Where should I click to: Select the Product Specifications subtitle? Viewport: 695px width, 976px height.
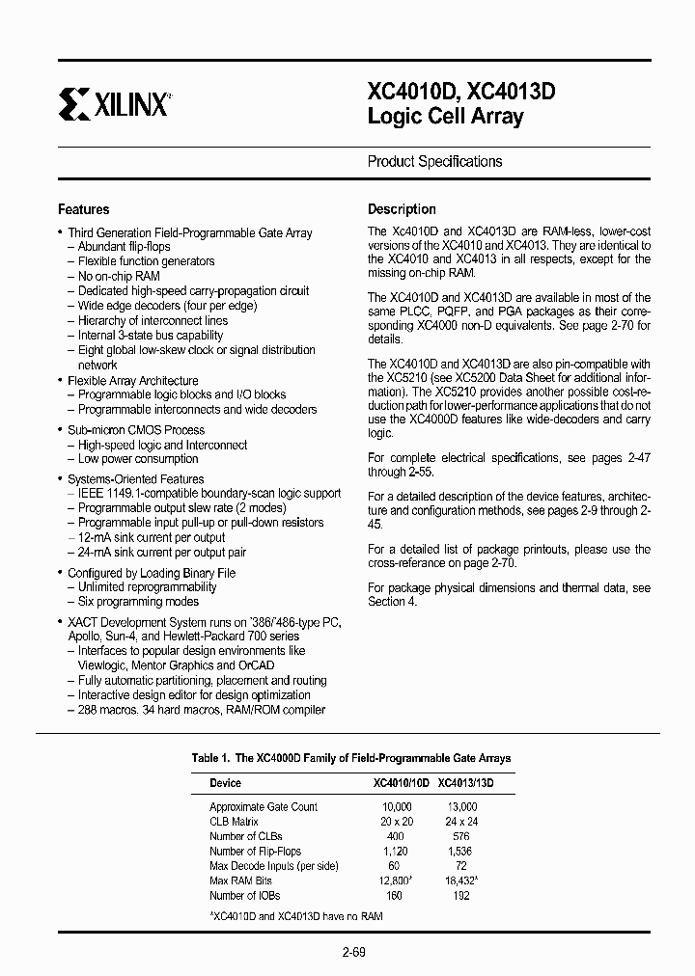(x=434, y=162)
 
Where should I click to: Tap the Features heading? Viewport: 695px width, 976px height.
(x=84, y=209)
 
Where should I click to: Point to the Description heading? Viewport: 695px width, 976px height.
(x=402, y=209)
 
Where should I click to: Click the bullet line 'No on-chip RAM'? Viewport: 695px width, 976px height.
(x=119, y=276)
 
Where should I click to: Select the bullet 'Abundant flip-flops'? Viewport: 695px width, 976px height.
(x=124, y=247)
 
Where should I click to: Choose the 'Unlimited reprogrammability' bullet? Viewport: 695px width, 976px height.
(x=147, y=586)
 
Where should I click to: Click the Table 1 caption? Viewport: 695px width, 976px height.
(x=351, y=758)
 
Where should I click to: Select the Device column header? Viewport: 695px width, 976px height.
(x=225, y=783)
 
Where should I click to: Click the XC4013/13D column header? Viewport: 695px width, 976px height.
(x=465, y=783)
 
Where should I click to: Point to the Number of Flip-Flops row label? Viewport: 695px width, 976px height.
(x=255, y=852)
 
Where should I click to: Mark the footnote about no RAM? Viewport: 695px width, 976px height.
(x=296, y=914)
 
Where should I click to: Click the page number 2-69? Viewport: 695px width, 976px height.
(x=353, y=953)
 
